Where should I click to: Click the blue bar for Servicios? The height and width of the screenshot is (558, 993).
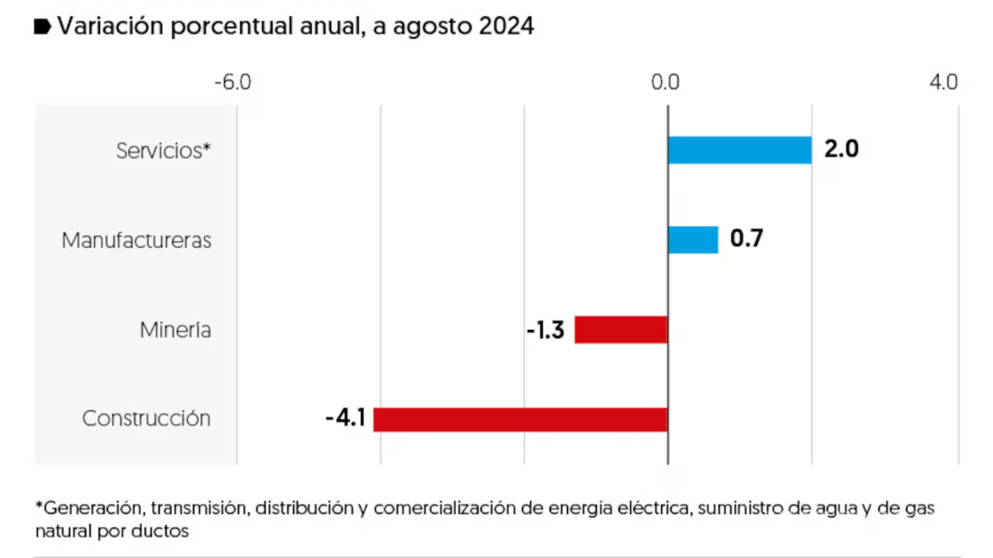coord(740,150)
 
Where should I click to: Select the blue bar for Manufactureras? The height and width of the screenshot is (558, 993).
coord(693,239)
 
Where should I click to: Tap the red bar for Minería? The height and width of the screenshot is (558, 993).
coord(621,330)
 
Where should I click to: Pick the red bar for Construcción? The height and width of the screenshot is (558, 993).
coord(521,419)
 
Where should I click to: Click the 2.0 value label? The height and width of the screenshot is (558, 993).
coord(841,149)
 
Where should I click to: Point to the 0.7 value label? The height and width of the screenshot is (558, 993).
coord(746,239)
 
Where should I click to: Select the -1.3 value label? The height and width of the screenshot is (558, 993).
coord(545,330)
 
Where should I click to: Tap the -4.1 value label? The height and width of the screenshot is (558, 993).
coord(346,419)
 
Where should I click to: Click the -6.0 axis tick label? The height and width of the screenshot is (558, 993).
coord(233,83)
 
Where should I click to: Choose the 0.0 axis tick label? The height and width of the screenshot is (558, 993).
coord(666,83)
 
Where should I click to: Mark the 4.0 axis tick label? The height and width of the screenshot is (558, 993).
coord(944,83)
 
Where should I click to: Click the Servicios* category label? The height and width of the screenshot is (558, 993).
coord(164,151)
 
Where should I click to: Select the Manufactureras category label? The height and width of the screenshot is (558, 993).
coord(136,240)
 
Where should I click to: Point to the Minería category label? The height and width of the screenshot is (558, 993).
coord(176,330)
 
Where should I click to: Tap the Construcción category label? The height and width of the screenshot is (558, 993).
coord(147,419)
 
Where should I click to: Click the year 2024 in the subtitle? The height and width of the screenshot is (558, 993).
coord(507,27)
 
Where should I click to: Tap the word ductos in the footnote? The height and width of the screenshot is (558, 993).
coord(163,530)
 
